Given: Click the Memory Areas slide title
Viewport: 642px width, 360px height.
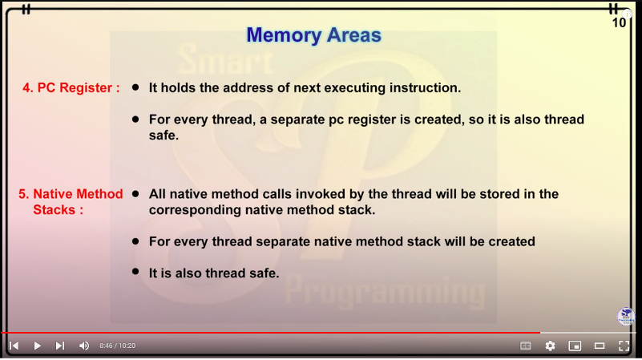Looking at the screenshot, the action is pyautogui.click(x=313, y=35).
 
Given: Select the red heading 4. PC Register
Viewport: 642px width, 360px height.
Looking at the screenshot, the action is pyautogui.click(x=71, y=87).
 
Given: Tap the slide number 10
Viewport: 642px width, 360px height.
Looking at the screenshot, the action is pyautogui.click(x=619, y=23).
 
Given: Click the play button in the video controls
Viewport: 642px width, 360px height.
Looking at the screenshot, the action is pyautogui.click(x=37, y=346).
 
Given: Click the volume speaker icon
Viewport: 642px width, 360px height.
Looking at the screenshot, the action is pyautogui.click(x=84, y=346).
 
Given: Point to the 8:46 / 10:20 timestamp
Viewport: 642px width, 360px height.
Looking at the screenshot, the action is pyautogui.click(x=118, y=346).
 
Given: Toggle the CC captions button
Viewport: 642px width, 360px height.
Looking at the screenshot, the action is pyautogui.click(x=526, y=346).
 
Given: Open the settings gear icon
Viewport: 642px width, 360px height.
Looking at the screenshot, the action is pyautogui.click(x=551, y=346).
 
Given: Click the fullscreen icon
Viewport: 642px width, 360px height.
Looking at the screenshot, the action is pyautogui.click(x=624, y=346).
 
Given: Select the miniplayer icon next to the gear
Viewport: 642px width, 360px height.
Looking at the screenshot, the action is pyautogui.click(x=575, y=346).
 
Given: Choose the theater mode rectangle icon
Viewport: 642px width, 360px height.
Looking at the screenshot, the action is pyautogui.click(x=600, y=346).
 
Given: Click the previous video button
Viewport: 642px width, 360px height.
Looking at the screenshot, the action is pyautogui.click(x=14, y=346).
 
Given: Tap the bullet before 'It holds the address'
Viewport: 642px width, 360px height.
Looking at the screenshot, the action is pyautogui.click(x=135, y=87).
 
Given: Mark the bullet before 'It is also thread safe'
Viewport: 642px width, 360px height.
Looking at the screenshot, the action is pyautogui.click(x=135, y=272).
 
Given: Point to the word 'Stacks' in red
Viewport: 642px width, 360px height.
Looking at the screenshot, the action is pyautogui.click(x=54, y=210).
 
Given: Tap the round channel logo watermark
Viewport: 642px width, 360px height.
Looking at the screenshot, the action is pyautogui.click(x=626, y=317).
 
